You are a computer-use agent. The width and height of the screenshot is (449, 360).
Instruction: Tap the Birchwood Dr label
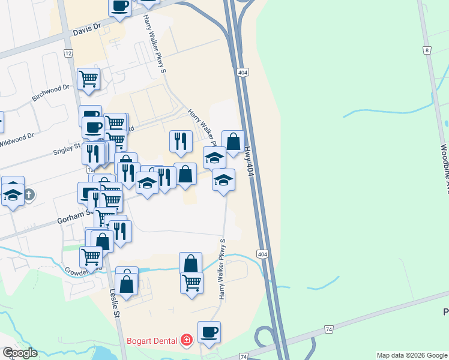tap(50, 93)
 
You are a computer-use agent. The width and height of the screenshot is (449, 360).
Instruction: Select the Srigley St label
tap(67, 146)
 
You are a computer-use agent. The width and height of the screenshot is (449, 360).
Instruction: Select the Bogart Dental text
tap(151, 341)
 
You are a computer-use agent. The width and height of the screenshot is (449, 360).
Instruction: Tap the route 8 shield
tap(426, 50)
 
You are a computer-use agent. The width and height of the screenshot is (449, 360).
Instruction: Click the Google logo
tap(20, 353)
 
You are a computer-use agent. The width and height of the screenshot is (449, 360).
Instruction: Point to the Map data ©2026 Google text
tap(412, 355)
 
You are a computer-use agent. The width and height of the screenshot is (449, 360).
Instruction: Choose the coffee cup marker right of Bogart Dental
tap(209, 332)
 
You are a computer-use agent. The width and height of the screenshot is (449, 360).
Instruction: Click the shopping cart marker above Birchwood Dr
tap(89, 79)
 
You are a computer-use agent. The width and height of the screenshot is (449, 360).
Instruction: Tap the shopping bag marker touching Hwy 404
tap(233, 142)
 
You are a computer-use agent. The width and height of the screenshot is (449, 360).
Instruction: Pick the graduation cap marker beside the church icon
tap(13, 193)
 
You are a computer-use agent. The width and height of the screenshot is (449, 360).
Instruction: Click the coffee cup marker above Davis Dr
tap(119, 6)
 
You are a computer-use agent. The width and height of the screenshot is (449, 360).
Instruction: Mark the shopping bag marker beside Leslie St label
tap(127, 284)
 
